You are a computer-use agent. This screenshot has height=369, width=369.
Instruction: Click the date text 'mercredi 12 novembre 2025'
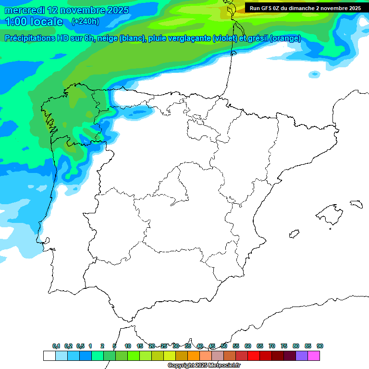point(67,10)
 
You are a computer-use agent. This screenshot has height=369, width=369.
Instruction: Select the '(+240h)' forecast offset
point(85,21)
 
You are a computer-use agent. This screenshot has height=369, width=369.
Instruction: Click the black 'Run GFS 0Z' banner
point(305,8)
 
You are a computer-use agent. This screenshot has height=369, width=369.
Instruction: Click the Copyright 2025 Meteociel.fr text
point(204,366)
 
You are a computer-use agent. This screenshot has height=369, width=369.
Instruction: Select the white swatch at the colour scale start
point(49,356)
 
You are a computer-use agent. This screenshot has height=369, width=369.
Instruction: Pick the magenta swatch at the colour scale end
point(314,356)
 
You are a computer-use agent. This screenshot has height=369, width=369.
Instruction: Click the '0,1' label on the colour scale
point(56,346)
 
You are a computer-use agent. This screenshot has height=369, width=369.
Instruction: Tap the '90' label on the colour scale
point(320,346)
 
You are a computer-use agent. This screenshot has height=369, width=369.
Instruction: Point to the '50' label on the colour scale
point(224,346)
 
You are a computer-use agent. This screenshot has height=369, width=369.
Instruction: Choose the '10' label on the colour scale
point(128,346)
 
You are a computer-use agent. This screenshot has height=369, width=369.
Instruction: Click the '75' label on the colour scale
point(284,346)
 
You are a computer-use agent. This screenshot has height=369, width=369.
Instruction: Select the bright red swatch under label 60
point(254,356)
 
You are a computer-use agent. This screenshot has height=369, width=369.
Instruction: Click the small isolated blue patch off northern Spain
point(315,74)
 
